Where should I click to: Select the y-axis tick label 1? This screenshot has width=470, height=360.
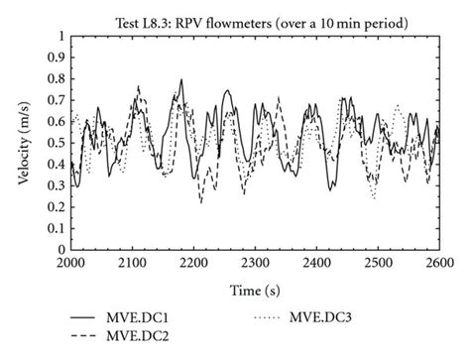point(61,36)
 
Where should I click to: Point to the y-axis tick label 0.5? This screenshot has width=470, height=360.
point(56,143)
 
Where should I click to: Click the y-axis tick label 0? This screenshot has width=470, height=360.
point(61,250)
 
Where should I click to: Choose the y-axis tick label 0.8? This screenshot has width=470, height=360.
point(56,78)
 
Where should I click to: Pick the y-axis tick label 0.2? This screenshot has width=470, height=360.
point(56,207)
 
